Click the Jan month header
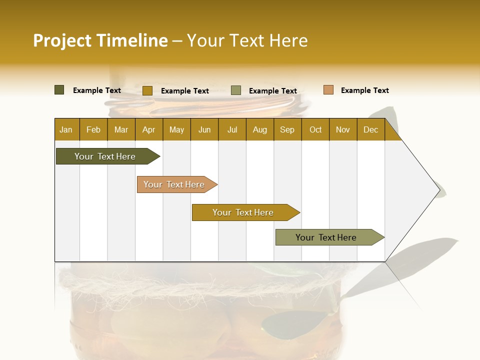click(x=66, y=129)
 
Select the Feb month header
click(x=93, y=129)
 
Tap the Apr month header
click(x=148, y=129)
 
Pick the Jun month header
click(x=204, y=129)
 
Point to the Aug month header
click(x=259, y=129)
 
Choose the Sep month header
click(x=287, y=129)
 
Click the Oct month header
click(x=315, y=129)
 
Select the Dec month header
click(x=370, y=129)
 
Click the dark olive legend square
click(x=59, y=90)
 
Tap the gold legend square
click(x=147, y=90)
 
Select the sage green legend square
click(x=236, y=90)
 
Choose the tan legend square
click(x=328, y=90)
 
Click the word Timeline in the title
click(x=132, y=40)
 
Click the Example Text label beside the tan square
click(x=364, y=90)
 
